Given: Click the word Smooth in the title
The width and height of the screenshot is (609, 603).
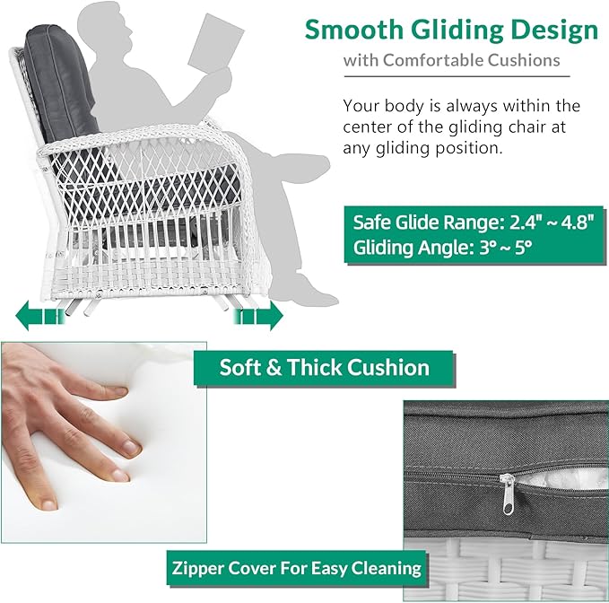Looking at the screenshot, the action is point(353,30).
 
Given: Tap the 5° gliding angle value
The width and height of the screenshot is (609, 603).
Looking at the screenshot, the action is point(523,247).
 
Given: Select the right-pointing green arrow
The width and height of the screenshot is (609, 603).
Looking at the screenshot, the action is point(258,316).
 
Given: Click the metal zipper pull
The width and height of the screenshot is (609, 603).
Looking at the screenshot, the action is point(509,494).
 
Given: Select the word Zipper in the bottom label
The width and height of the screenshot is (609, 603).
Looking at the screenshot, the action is point(196,568).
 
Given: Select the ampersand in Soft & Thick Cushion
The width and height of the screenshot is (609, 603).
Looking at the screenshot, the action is point(274,368).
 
